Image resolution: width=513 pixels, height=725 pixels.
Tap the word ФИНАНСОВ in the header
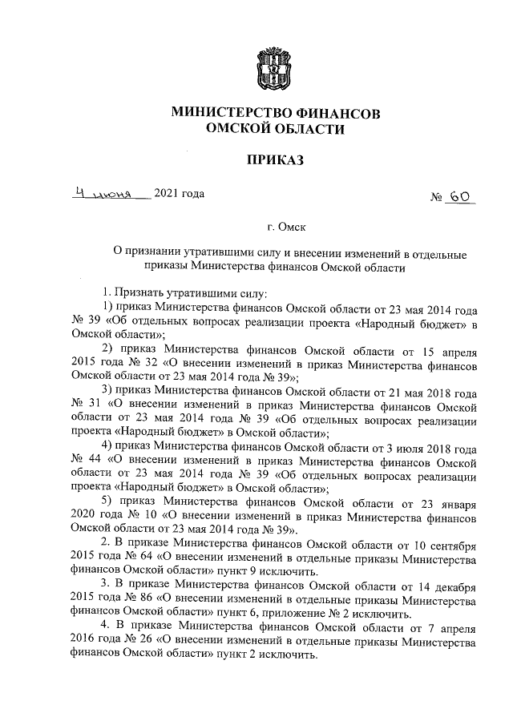[335, 112]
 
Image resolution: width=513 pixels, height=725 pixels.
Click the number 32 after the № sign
[131, 360]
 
